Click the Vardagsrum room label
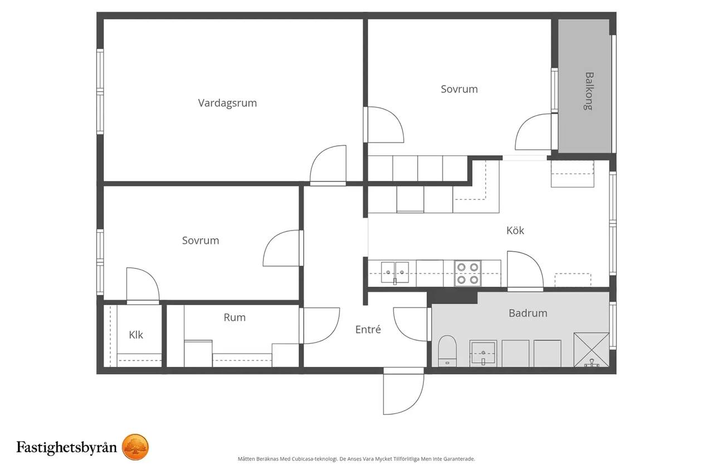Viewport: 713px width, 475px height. click(227, 104)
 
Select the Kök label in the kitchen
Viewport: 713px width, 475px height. click(515, 230)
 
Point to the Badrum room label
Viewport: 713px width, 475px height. click(528, 313)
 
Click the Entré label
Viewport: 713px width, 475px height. click(368, 329)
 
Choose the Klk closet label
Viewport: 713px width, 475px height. click(136, 335)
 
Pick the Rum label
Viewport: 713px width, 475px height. click(235, 317)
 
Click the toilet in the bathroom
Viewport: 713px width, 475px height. click(447, 351)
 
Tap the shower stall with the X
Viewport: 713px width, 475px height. click(592, 350)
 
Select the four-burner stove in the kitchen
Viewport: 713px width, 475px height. click(467, 273)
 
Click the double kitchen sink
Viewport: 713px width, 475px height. click(395, 272)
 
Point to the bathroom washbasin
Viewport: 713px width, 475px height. click(483, 354)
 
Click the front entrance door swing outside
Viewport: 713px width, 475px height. click(403, 391)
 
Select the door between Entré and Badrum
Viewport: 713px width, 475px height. click(411, 324)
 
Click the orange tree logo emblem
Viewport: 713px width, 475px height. click(135, 447)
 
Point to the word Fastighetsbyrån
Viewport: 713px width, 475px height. click(67, 447)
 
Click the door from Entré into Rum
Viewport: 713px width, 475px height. click(319, 325)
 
